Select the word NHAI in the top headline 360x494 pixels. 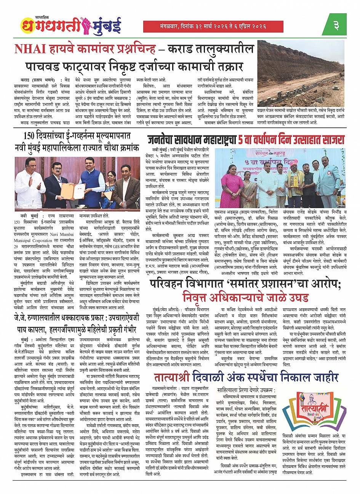coord(30,49)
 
